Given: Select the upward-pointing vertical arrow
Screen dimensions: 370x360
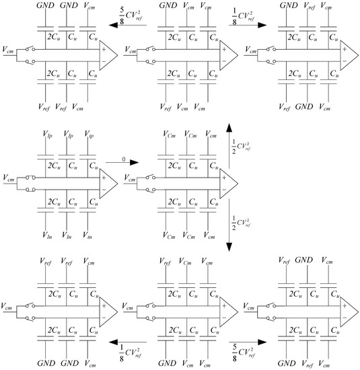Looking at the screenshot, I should (229, 145).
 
